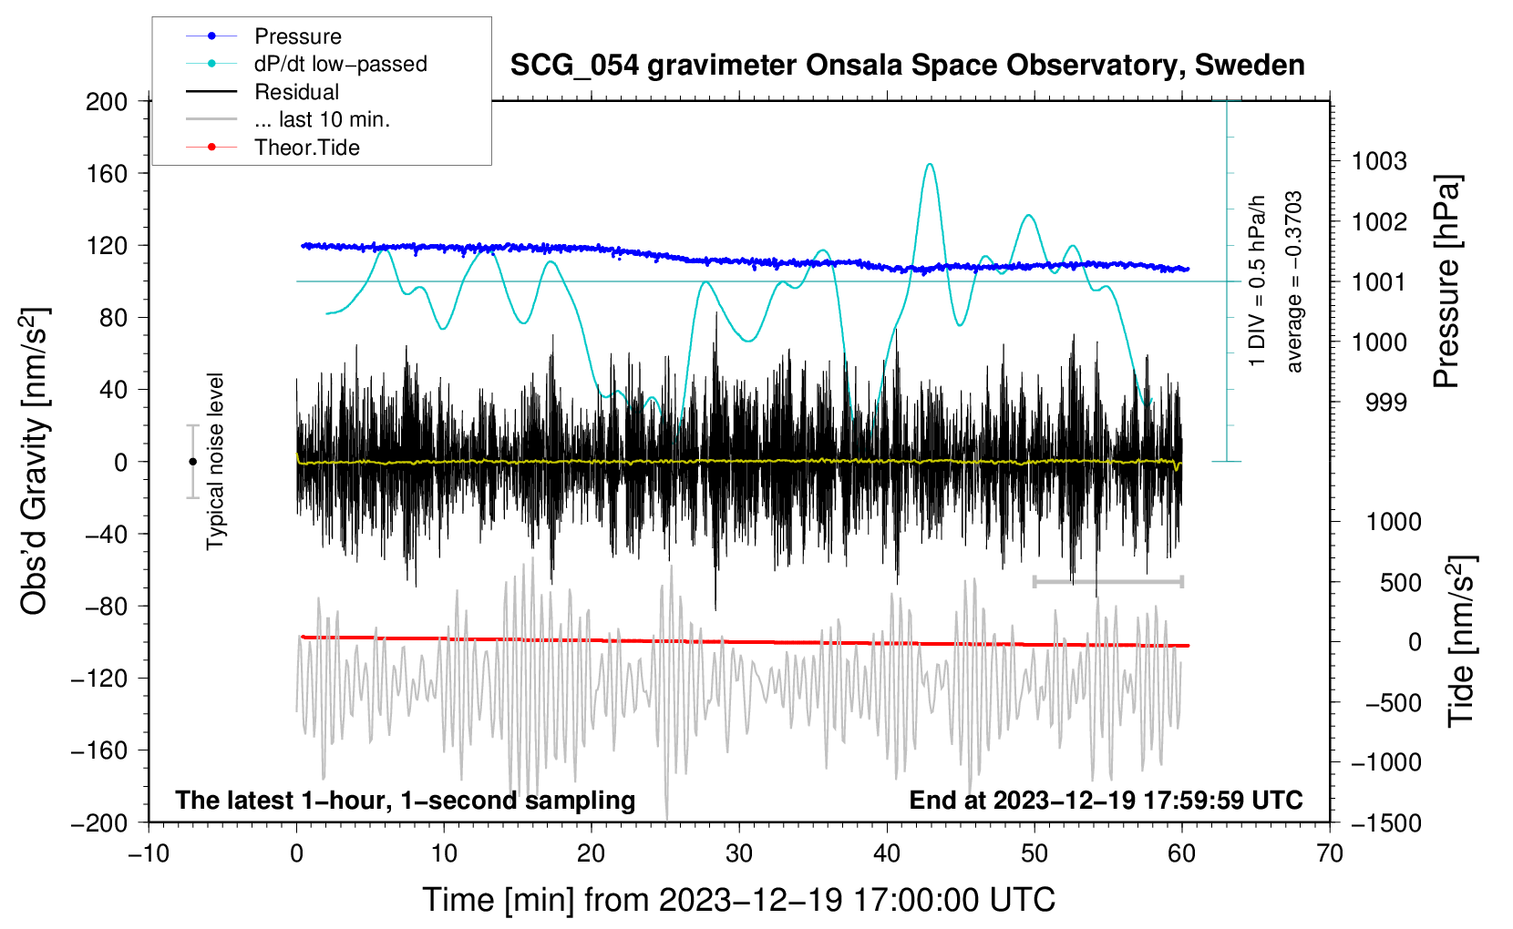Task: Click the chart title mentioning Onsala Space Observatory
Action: click(907, 66)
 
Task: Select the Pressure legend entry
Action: click(297, 36)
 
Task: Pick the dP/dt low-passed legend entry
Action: click(340, 64)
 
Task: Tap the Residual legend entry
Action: click(296, 92)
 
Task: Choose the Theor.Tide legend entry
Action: click(306, 148)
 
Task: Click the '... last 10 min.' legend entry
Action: click(322, 119)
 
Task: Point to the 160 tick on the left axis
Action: click(107, 173)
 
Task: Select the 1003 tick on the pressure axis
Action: click(1378, 162)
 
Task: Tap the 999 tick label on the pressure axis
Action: click(1385, 403)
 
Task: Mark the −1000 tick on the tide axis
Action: click(1385, 762)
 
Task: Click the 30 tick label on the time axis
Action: click(739, 854)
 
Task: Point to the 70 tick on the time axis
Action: click(1330, 854)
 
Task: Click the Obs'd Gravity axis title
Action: click(34, 461)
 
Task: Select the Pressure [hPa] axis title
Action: click(1446, 282)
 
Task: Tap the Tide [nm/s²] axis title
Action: click(1461, 641)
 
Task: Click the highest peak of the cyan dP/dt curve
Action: click(930, 165)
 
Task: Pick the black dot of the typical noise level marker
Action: click(192, 462)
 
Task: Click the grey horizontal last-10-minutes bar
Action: click(1107, 581)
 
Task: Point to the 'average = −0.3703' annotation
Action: click(1294, 282)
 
